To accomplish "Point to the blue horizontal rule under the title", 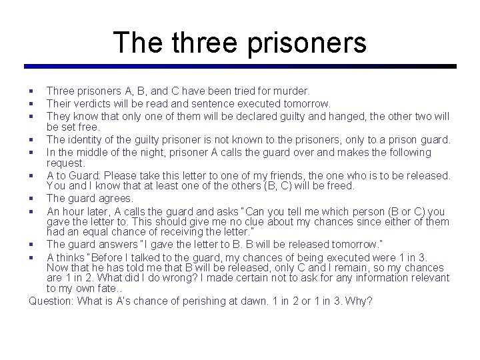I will pyautogui.click(x=240, y=66).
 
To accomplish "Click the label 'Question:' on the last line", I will pyautogui.click(x=51, y=301).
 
